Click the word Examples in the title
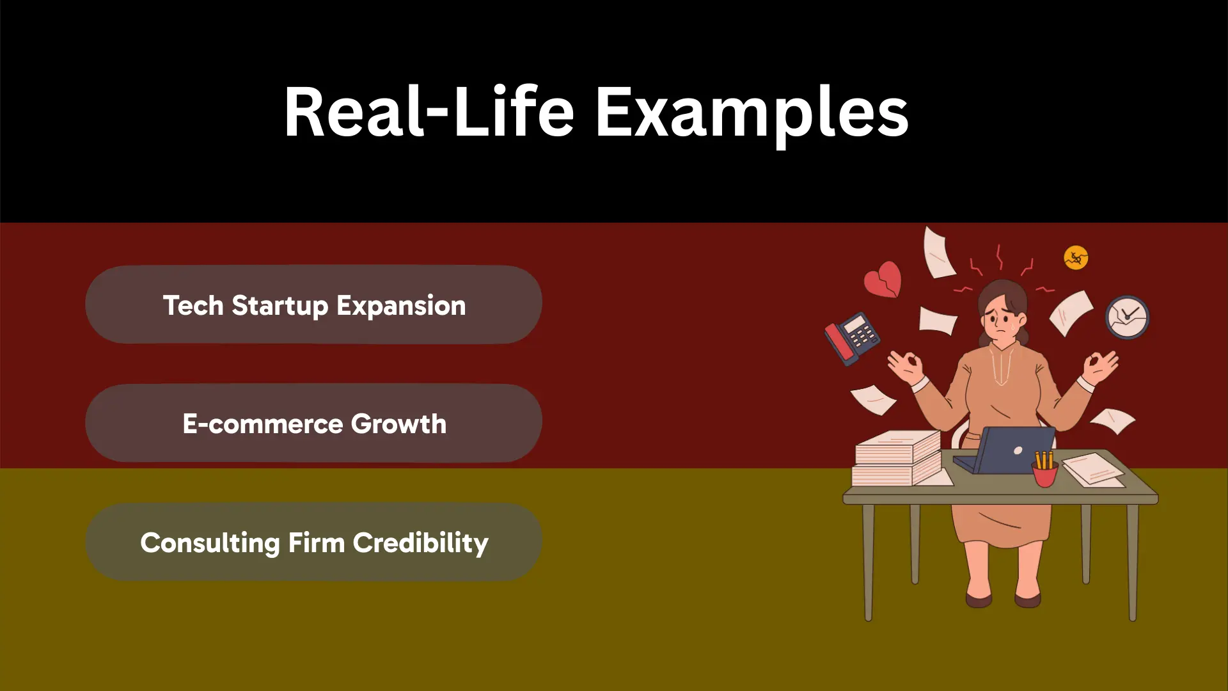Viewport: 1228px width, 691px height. pos(752,113)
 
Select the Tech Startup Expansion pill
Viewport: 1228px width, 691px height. pos(313,305)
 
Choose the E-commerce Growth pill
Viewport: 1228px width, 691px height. pos(313,423)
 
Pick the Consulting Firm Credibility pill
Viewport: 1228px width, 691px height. pos(313,542)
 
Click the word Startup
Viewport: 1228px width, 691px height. pos(279,306)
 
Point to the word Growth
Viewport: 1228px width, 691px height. pos(398,424)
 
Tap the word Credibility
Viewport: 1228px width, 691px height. pos(420,543)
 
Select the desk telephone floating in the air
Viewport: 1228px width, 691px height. pos(852,338)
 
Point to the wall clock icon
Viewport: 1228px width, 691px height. pos(1127,317)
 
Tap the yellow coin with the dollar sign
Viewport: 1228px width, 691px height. pos(1076,258)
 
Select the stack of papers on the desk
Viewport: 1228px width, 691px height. pos(898,458)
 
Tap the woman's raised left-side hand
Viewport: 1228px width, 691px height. pos(905,368)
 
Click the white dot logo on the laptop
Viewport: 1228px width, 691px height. pos(1018,451)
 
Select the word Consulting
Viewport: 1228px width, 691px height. pos(210,543)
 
